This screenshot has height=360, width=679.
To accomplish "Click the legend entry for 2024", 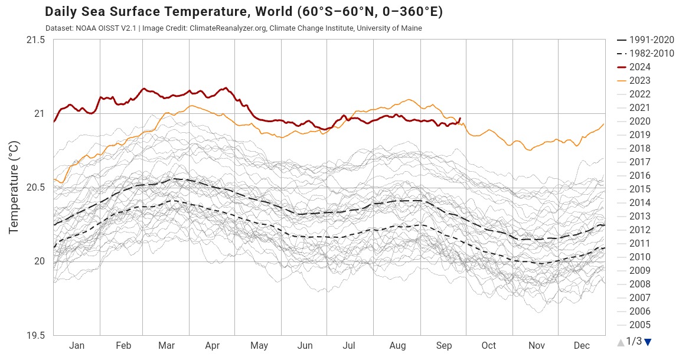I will click(639, 67).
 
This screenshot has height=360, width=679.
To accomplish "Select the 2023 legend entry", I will click(639, 81).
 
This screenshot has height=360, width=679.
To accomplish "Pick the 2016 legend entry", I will click(639, 176).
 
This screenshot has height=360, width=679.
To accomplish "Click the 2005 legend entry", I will click(639, 325).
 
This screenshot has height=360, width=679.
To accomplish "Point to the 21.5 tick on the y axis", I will click(35, 40).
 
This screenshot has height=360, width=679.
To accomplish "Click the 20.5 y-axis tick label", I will click(35, 188).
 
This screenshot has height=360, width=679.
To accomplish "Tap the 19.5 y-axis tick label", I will click(35, 335).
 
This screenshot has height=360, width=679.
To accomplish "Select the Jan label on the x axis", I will click(76, 346).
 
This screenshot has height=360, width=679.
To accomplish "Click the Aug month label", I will click(397, 346).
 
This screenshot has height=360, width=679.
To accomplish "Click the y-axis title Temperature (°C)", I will click(14, 187).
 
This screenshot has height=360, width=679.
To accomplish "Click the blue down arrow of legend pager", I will click(648, 342).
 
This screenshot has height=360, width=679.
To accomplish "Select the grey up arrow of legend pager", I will click(621, 342).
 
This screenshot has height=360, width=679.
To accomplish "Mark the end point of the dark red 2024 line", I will click(460, 119).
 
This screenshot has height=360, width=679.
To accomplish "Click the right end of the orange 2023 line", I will click(604, 124).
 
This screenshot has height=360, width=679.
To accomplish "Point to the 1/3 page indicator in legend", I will click(634, 341).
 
